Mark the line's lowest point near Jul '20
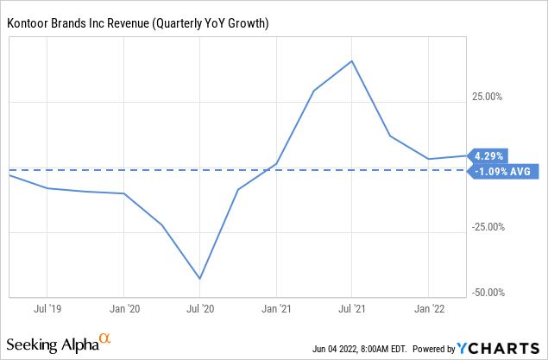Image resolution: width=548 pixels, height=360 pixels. pos(200,278)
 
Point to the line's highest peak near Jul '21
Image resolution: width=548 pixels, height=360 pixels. pos(352,61)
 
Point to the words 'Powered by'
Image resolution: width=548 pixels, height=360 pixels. pos(433,350)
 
